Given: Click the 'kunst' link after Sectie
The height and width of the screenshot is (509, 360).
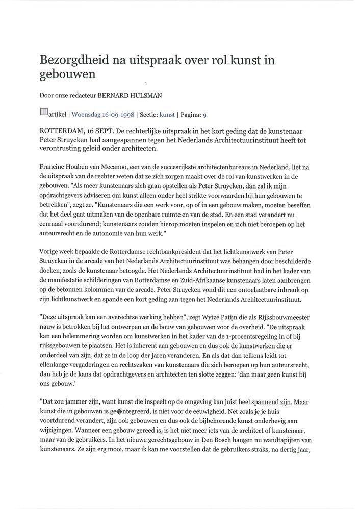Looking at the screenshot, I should pyautogui.click(x=167, y=115).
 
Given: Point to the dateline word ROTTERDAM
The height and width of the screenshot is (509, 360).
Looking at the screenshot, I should pyautogui.click(x=62, y=130).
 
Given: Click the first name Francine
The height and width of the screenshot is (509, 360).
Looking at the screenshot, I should pyautogui.click(x=53, y=166).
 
